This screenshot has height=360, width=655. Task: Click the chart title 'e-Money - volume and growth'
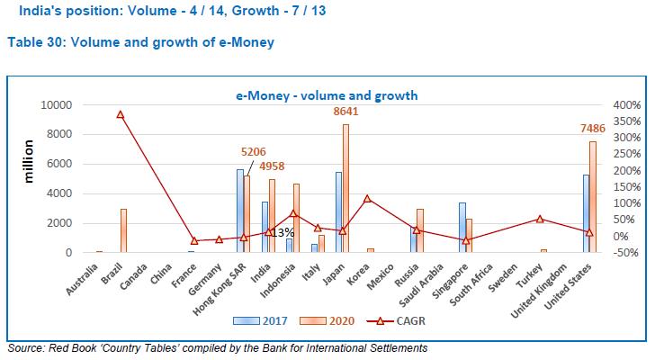(327, 94)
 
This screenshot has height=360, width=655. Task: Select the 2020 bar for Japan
(345, 189)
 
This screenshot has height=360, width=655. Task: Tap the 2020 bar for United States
(592, 197)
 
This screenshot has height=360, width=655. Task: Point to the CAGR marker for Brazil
(120, 115)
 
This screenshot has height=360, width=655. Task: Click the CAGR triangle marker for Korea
(366, 198)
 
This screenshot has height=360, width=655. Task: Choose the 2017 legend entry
(263, 319)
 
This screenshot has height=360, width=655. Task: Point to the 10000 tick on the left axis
(57, 105)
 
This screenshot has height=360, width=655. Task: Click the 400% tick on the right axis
(626, 105)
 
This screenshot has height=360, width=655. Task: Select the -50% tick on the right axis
(626, 253)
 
